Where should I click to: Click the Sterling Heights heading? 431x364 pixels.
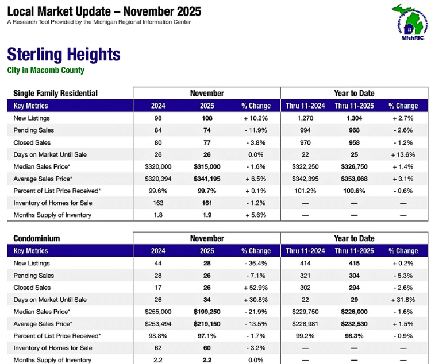click(63, 55)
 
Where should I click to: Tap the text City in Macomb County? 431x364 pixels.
click(45, 71)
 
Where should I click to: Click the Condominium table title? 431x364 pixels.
click(37, 238)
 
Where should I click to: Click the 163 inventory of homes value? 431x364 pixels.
click(158, 203)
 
